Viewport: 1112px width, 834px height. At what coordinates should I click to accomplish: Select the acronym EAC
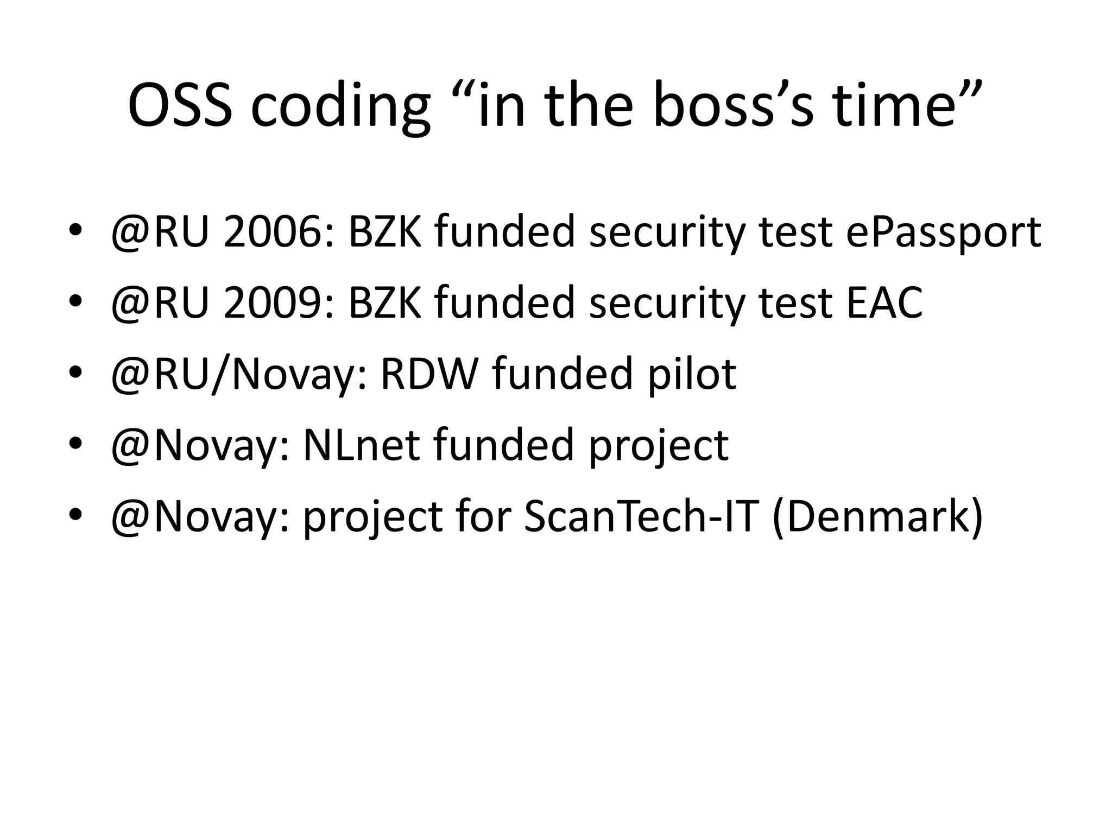pyautogui.click(x=884, y=303)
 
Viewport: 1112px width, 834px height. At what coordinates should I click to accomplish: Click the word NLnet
pyautogui.click(x=361, y=445)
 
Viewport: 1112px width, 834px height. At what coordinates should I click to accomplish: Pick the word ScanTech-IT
pyautogui.click(x=641, y=516)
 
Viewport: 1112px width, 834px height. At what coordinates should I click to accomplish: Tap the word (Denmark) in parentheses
pyautogui.click(x=877, y=517)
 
